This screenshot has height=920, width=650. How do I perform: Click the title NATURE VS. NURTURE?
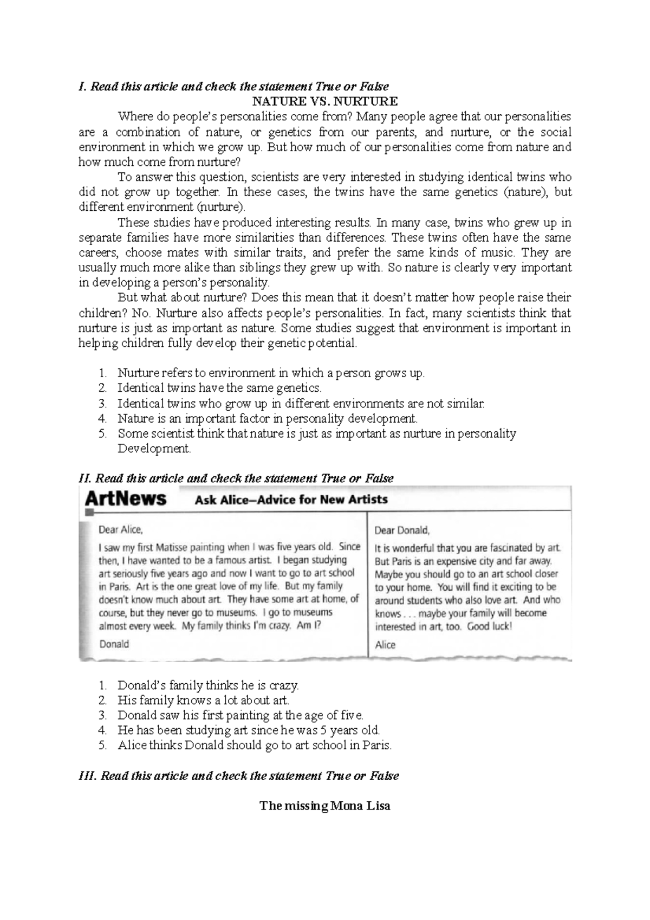(325, 101)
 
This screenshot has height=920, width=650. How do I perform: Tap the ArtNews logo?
(126, 498)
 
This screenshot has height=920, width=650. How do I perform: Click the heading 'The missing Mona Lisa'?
(325, 806)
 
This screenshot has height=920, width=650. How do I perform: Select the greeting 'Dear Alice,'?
(121, 529)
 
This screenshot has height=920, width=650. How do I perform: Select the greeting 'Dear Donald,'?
(402, 530)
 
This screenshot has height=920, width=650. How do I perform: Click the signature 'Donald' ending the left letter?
(114, 644)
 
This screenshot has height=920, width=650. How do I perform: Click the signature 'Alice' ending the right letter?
(385, 645)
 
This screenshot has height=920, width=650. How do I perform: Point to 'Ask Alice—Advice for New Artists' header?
(291, 499)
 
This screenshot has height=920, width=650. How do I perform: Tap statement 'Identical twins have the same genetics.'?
(219, 388)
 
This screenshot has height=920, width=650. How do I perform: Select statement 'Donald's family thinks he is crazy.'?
(208, 685)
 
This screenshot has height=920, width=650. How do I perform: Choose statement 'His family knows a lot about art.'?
(204, 700)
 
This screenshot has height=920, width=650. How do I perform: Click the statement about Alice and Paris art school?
(254, 745)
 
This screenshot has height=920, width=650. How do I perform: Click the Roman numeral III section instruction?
(239, 776)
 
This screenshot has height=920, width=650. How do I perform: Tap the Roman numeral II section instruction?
(236, 478)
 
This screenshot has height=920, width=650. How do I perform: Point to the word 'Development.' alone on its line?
(154, 449)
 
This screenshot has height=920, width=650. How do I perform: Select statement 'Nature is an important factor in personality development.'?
(268, 418)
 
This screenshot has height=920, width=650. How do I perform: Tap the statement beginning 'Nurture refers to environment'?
(271, 373)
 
